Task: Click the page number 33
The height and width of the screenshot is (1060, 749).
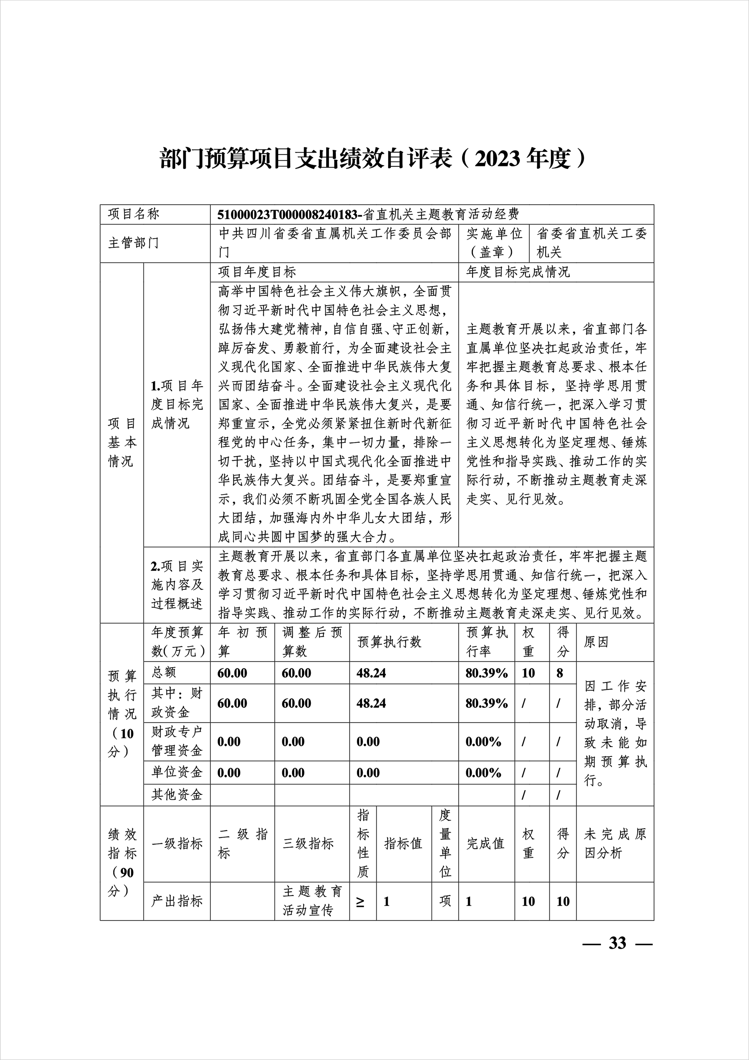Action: tap(618, 943)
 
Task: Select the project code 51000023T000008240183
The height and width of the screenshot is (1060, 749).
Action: tap(288, 214)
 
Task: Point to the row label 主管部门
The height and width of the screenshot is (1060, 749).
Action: tap(133, 243)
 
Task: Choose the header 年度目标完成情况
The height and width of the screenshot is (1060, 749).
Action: tap(518, 272)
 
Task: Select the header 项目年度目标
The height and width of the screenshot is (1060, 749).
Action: tap(257, 272)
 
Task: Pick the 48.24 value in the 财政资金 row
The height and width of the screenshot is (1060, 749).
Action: tap(371, 703)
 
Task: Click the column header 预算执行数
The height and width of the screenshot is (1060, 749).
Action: tap(389, 642)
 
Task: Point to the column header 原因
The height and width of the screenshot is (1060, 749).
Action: tap(596, 642)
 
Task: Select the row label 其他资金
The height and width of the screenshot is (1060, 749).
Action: tap(177, 795)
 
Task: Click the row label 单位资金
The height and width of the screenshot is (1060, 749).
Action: tap(177, 772)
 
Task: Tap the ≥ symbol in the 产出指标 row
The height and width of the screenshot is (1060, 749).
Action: tap(360, 902)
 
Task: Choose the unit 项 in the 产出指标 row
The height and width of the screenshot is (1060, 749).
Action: tap(445, 901)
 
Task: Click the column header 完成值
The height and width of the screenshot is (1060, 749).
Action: tap(485, 844)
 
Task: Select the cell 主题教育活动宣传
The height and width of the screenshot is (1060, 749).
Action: tap(312, 901)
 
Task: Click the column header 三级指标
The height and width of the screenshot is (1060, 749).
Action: tap(308, 844)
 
